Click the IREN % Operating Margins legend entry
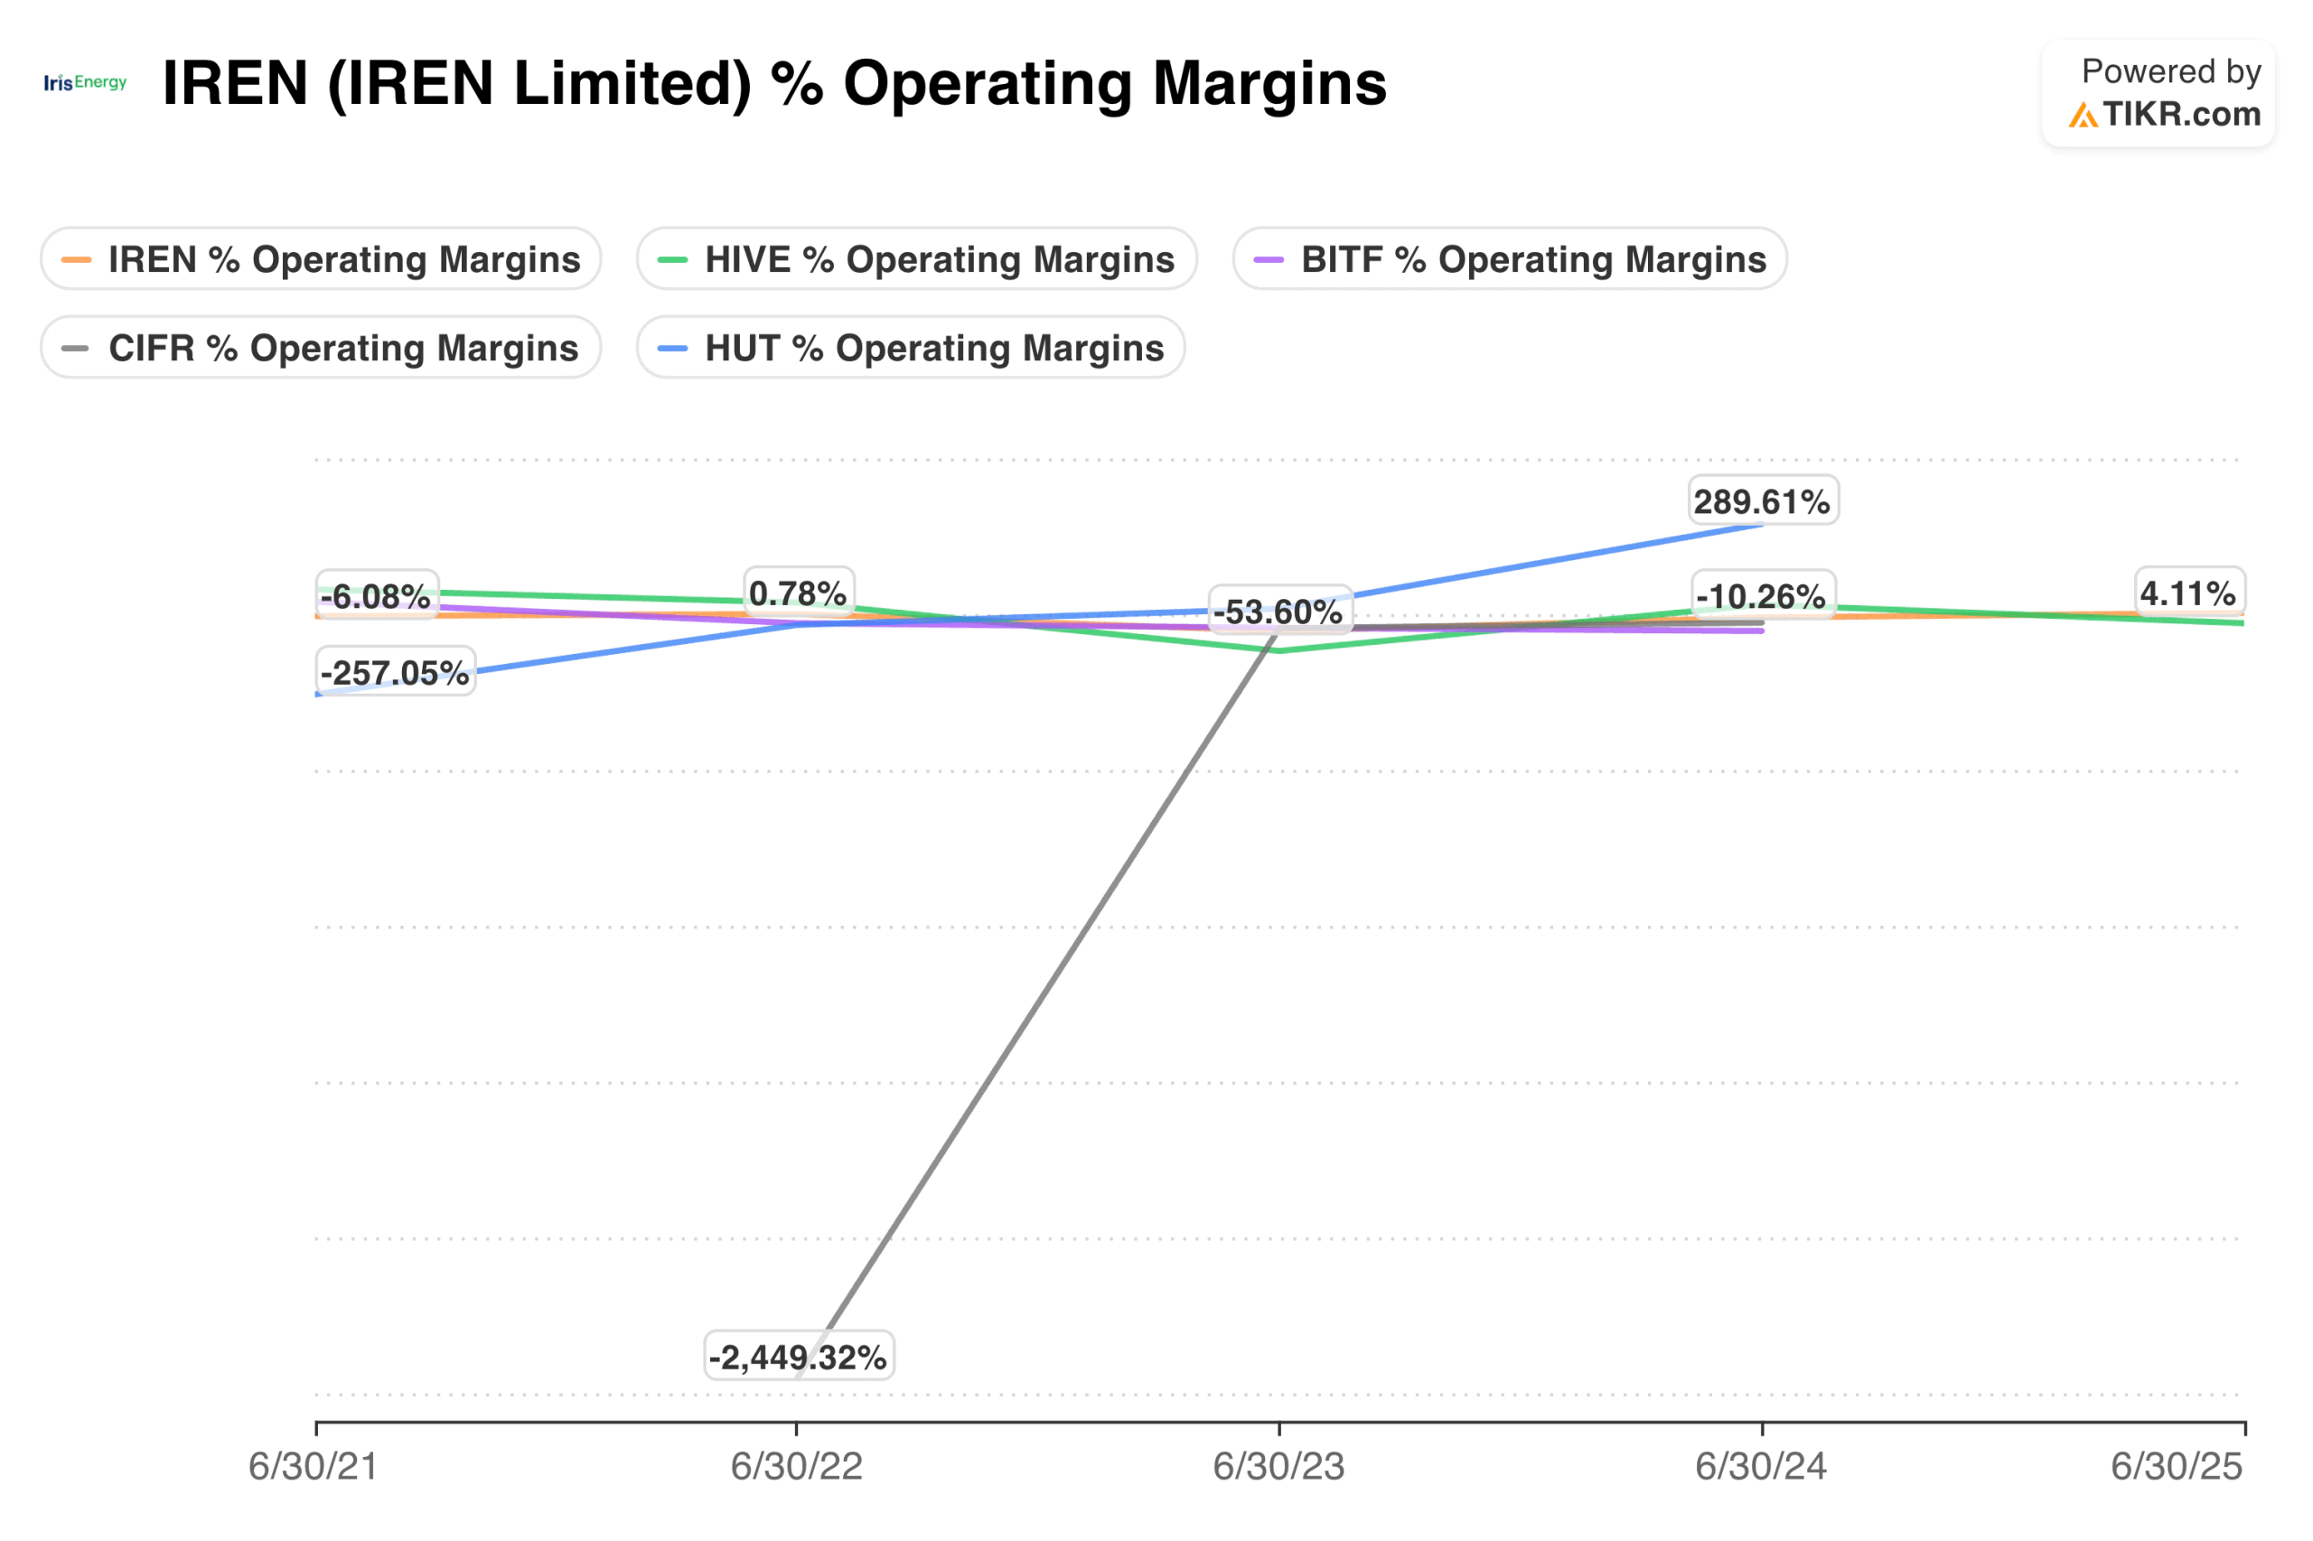(320, 258)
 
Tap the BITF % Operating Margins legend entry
(1509, 258)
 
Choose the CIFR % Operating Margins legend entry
(320, 347)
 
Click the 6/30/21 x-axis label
(313, 1466)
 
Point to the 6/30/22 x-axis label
(796, 1466)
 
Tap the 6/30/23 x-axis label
(1278, 1466)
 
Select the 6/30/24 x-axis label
(1761, 1466)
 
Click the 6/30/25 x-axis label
(2177, 1466)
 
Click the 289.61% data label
(1763, 501)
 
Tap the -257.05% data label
(395, 672)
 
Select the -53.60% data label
(1278, 612)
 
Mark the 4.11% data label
(2188, 593)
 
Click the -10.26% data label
(1762, 595)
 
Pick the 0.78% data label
(798, 593)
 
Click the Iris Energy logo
(86, 82)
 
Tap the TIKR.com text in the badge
(2180, 114)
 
